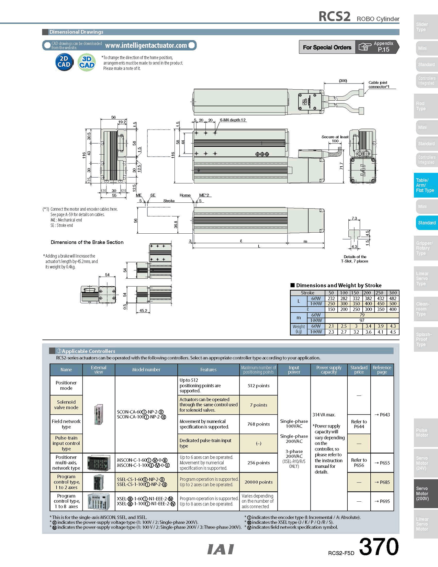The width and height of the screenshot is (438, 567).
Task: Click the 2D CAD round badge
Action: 64,62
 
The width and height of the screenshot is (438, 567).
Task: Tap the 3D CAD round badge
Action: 87,62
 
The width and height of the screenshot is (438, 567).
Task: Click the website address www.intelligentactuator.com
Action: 146,45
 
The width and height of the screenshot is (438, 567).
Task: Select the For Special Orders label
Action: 327,47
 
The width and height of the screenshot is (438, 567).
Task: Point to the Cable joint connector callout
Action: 378,85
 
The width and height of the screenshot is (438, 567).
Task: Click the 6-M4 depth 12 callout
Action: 233,120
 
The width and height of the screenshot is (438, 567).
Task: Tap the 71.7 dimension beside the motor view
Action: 341,166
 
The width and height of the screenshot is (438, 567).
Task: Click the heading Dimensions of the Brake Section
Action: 87,242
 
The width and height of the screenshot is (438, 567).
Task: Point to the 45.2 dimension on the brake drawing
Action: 143,311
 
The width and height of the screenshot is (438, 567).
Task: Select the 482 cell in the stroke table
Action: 393,298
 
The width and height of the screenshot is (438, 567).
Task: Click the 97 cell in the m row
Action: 362,320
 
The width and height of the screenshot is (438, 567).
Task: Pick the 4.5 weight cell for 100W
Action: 393,332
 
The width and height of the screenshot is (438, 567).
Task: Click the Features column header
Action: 208,370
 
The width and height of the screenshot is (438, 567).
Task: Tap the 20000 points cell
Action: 258,482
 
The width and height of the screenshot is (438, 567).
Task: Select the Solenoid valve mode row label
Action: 66,405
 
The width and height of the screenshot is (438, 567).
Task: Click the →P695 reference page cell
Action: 382,501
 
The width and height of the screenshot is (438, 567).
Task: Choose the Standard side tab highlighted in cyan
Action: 426,223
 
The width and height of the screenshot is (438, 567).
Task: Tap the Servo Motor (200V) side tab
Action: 426,493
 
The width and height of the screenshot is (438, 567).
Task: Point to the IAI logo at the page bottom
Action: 221,549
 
